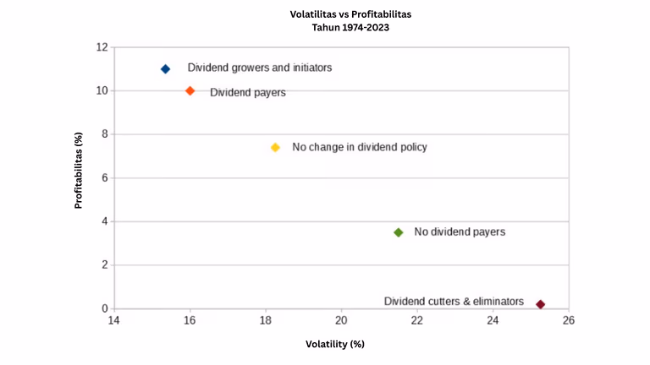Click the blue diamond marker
(165, 68)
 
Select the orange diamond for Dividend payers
(190, 90)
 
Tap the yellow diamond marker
(275, 147)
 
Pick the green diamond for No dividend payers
(399, 232)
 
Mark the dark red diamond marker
(540, 304)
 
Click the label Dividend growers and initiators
(259, 68)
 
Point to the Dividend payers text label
(247, 92)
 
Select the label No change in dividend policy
(360, 147)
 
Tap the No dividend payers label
(460, 232)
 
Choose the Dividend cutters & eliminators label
(454, 301)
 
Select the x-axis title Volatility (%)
(334, 344)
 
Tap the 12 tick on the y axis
(101, 47)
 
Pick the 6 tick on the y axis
(103, 177)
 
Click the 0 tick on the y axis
(103, 308)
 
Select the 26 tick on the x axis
(569, 321)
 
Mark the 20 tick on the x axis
(341, 321)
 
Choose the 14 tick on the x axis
(114, 321)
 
